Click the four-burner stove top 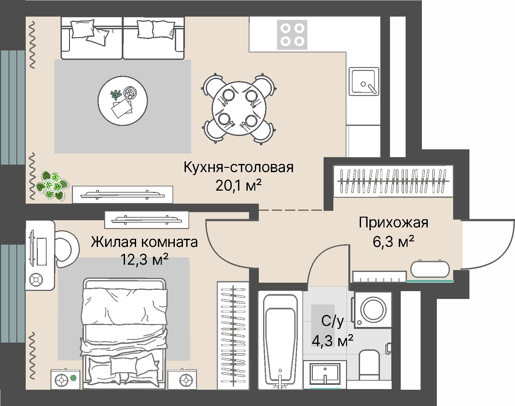point(292,35)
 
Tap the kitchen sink point(364,81)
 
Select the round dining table point(239,108)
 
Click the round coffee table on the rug point(122,101)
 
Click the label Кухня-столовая point(239,167)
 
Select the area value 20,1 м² point(238,185)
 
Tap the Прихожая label point(394,223)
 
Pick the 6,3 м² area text point(394,242)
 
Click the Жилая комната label point(144,242)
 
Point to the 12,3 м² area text point(145,260)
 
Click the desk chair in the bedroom point(66,249)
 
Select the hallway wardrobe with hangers point(393,181)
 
